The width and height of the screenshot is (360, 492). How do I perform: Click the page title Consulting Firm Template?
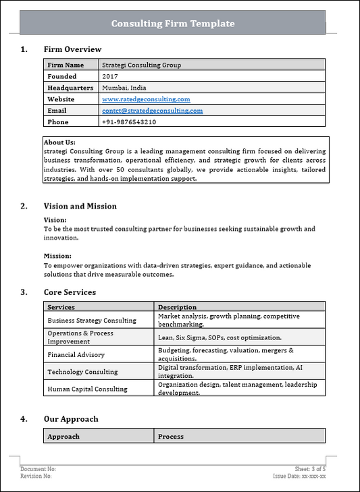click(173, 24)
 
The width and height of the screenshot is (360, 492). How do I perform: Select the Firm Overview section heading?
click(72, 49)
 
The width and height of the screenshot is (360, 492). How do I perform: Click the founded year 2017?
click(109, 76)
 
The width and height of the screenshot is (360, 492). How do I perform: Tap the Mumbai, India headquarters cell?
click(124, 88)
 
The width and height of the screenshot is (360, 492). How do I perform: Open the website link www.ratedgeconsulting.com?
click(146, 99)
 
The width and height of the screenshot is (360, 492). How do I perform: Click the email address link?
click(152, 111)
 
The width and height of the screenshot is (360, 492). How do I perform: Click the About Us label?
click(59, 142)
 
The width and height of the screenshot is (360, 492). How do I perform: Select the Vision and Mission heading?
click(80, 207)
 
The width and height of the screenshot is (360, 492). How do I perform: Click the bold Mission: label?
click(57, 256)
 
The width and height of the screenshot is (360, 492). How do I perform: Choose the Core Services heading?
click(70, 292)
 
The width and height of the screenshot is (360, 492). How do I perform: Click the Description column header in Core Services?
click(177, 307)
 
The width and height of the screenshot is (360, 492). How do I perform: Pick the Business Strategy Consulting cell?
click(92, 320)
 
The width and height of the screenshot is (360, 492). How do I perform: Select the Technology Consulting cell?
click(82, 372)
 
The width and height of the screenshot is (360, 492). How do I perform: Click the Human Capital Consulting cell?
click(87, 389)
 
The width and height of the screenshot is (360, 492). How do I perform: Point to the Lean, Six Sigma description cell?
click(220, 337)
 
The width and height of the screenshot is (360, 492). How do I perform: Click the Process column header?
click(170, 437)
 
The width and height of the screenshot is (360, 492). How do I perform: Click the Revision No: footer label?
click(36, 476)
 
